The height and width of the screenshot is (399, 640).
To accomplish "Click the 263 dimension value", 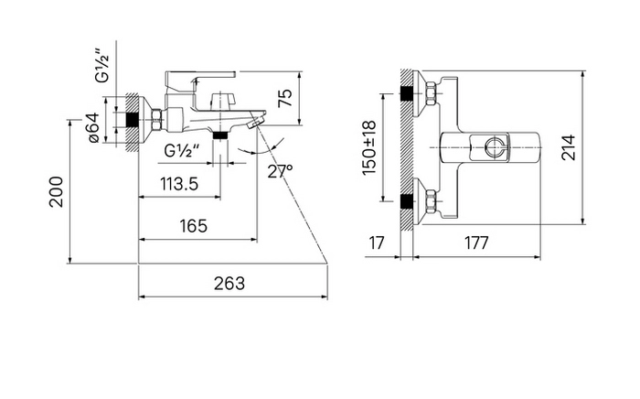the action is pyautogui.click(x=229, y=283).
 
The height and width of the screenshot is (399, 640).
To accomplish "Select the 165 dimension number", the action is pyautogui.click(x=194, y=225).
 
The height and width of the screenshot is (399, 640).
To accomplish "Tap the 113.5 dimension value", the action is pyautogui.click(x=179, y=184).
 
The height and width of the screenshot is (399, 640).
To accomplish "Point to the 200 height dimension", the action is pyautogui.click(x=57, y=192).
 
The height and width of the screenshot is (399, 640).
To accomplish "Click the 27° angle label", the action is pyautogui.click(x=280, y=171).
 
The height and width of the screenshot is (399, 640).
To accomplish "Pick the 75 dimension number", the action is pyautogui.click(x=285, y=98).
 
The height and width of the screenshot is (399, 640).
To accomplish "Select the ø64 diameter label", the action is pyautogui.click(x=93, y=127).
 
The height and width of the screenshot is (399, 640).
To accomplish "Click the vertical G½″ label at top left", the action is pyautogui.click(x=102, y=65).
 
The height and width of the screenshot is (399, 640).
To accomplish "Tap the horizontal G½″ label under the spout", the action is pyautogui.click(x=182, y=151).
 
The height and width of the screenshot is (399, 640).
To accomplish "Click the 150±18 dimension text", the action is pyautogui.click(x=369, y=147).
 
